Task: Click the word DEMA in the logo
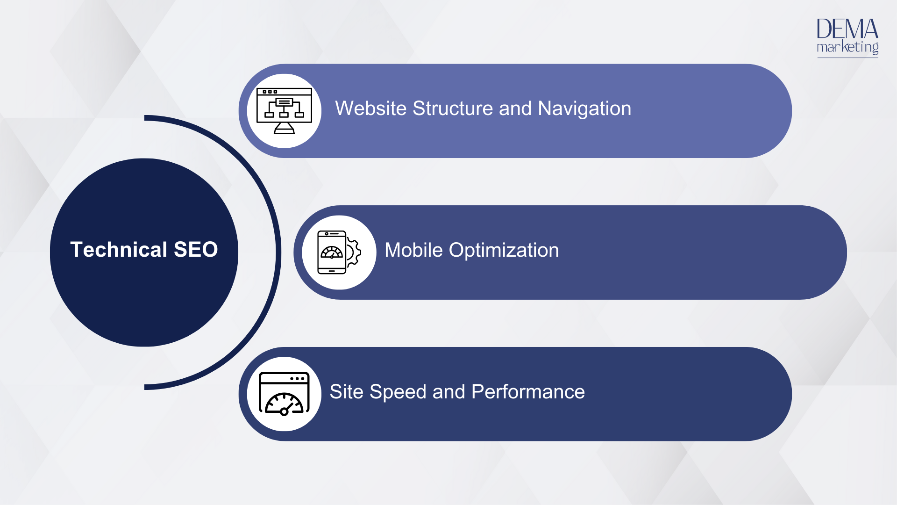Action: click(847, 29)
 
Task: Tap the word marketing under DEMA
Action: click(847, 47)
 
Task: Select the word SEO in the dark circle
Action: click(196, 249)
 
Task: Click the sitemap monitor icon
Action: click(284, 111)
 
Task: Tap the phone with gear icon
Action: click(339, 252)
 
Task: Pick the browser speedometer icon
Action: click(284, 394)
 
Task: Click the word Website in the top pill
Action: click(371, 108)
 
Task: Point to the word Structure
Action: click(453, 108)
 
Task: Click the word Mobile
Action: click(413, 250)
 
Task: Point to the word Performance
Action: click(528, 392)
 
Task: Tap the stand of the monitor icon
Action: click(284, 128)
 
